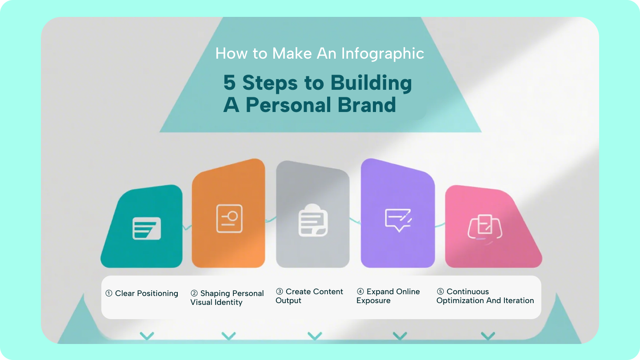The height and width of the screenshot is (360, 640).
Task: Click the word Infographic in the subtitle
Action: [383, 54]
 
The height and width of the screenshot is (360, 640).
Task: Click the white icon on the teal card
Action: [147, 228]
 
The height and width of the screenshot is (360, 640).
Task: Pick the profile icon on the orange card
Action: [229, 218]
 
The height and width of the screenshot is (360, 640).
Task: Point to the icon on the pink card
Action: [485, 227]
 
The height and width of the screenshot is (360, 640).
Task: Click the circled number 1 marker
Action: [109, 293]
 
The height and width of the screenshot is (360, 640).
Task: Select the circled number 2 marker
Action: [194, 293]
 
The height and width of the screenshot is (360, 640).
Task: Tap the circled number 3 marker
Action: [280, 292]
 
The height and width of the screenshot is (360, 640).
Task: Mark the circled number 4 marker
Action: [360, 292]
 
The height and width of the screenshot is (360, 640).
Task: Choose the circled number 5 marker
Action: [440, 292]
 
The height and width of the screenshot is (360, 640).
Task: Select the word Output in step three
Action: [288, 300]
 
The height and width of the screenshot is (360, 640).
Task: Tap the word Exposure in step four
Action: [373, 300]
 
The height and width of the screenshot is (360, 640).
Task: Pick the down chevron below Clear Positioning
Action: [147, 336]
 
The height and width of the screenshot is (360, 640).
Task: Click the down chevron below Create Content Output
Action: [315, 336]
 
